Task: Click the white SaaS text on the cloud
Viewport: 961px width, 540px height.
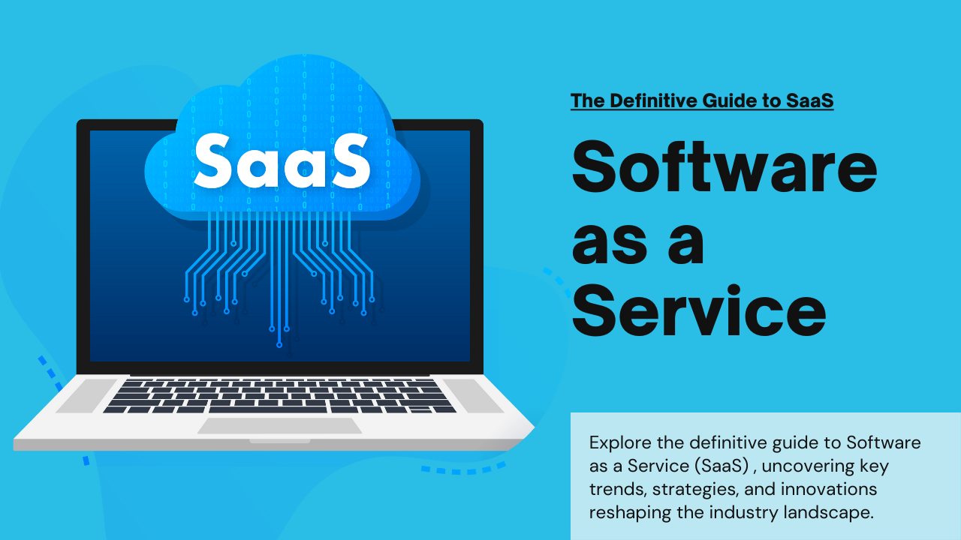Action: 282,160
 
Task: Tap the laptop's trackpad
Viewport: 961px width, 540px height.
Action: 279,425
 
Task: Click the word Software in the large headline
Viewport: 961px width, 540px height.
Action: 725,167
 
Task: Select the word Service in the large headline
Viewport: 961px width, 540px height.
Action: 699,311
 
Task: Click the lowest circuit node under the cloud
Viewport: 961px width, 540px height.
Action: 279,345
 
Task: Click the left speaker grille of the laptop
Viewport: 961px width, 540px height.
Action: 86,395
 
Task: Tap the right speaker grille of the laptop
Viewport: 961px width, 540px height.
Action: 474,395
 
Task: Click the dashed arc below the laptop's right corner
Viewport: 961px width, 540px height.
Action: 464,469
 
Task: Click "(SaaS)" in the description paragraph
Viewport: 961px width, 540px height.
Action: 722,466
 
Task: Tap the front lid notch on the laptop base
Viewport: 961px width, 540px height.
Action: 280,441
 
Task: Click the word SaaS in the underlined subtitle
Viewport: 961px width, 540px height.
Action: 810,100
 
